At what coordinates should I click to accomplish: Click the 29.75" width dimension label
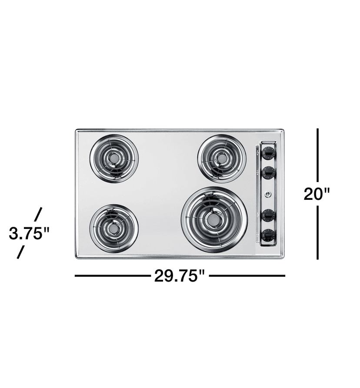[179, 276]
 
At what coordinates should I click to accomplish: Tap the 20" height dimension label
[317, 193]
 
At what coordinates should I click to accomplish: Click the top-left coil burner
[114, 158]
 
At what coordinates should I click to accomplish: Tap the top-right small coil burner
[222, 158]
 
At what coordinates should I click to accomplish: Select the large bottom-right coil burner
[214, 219]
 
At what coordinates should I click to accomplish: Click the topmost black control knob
[269, 153]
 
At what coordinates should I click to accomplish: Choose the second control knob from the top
[269, 172]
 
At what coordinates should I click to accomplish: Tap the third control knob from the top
[269, 215]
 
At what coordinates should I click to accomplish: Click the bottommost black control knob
[269, 235]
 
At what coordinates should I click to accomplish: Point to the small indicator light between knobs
[268, 194]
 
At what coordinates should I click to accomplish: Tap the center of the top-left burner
[114, 159]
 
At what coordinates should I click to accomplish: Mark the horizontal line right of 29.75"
[247, 275]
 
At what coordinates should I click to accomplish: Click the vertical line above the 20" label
[318, 154]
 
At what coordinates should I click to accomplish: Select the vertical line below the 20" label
[318, 232]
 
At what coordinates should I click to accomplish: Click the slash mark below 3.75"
[20, 252]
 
